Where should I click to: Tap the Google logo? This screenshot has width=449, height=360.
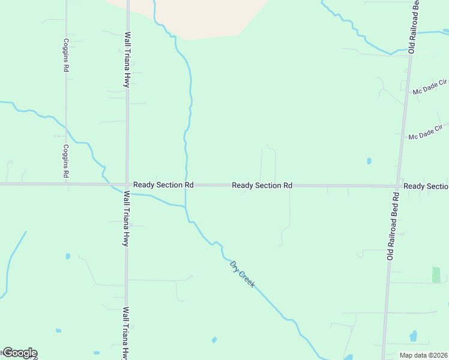pyautogui.click(x=19, y=353)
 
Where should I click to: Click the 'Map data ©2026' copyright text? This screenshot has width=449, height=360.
pyautogui.click(x=423, y=355)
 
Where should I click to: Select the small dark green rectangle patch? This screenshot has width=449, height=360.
pyautogui.click(x=436, y=275)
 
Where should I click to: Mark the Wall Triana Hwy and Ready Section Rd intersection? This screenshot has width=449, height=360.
pyautogui.click(x=127, y=185)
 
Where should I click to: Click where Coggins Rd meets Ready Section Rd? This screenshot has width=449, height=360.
pyautogui.click(x=66, y=184)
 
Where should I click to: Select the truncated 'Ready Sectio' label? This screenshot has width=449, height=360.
pyautogui.click(x=426, y=186)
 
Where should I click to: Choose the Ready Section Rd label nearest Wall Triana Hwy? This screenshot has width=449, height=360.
pyautogui.click(x=163, y=185)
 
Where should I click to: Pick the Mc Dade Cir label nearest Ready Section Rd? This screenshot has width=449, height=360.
pyautogui.click(x=425, y=133)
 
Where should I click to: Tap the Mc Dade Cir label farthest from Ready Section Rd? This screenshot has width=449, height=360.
pyautogui.click(x=430, y=86)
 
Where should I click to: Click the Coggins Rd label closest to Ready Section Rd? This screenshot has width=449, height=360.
pyautogui.click(x=66, y=161)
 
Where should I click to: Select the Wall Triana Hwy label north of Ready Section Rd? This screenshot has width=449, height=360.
pyautogui.click(x=127, y=59)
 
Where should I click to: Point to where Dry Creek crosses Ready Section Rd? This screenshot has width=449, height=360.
pyautogui.click(x=187, y=185)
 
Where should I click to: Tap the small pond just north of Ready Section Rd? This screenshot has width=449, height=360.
pyautogui.click(x=369, y=161)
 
